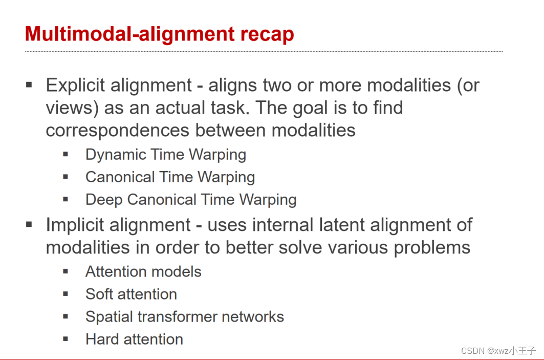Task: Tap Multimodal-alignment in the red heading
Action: [127, 34]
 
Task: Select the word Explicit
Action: [76, 85]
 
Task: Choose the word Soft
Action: [98, 294]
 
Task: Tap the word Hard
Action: [100, 339]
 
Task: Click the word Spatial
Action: [110, 316]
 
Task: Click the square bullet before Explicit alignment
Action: [29, 84]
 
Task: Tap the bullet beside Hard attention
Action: [66, 338]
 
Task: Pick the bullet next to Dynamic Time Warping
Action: [66, 154]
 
